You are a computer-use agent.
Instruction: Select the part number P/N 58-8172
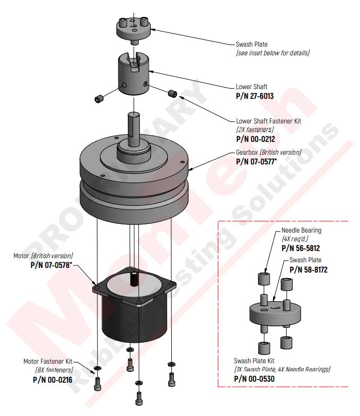(x=308, y=269)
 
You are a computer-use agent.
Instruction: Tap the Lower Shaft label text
(x=251, y=87)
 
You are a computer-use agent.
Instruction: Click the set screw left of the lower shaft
(x=98, y=98)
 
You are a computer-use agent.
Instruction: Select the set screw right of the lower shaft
(x=172, y=93)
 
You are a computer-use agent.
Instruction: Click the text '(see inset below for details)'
(x=272, y=53)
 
